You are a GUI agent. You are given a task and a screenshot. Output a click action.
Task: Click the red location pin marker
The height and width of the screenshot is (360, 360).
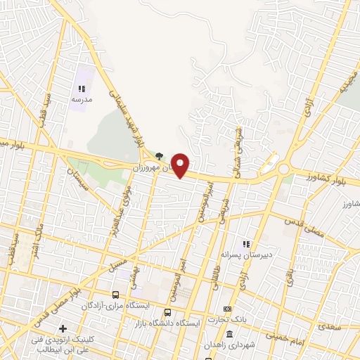[181, 165]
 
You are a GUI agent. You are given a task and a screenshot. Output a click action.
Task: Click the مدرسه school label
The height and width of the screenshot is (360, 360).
[81, 101]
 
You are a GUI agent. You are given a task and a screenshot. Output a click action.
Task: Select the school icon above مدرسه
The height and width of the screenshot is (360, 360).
[81, 89]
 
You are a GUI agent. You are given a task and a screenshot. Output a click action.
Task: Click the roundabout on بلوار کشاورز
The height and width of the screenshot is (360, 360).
[284, 169]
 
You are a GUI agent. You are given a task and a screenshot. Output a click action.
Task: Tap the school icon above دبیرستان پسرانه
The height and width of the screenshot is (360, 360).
[246, 244]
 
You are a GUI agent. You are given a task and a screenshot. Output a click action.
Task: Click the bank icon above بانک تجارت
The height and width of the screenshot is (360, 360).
[227, 309]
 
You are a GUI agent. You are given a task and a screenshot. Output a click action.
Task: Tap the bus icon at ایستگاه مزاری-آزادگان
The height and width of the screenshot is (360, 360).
[117, 295]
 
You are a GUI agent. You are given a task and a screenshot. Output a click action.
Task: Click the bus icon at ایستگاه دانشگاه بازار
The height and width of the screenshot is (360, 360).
[167, 313]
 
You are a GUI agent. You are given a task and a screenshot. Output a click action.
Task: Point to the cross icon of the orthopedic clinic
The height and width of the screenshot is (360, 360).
[63, 328]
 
